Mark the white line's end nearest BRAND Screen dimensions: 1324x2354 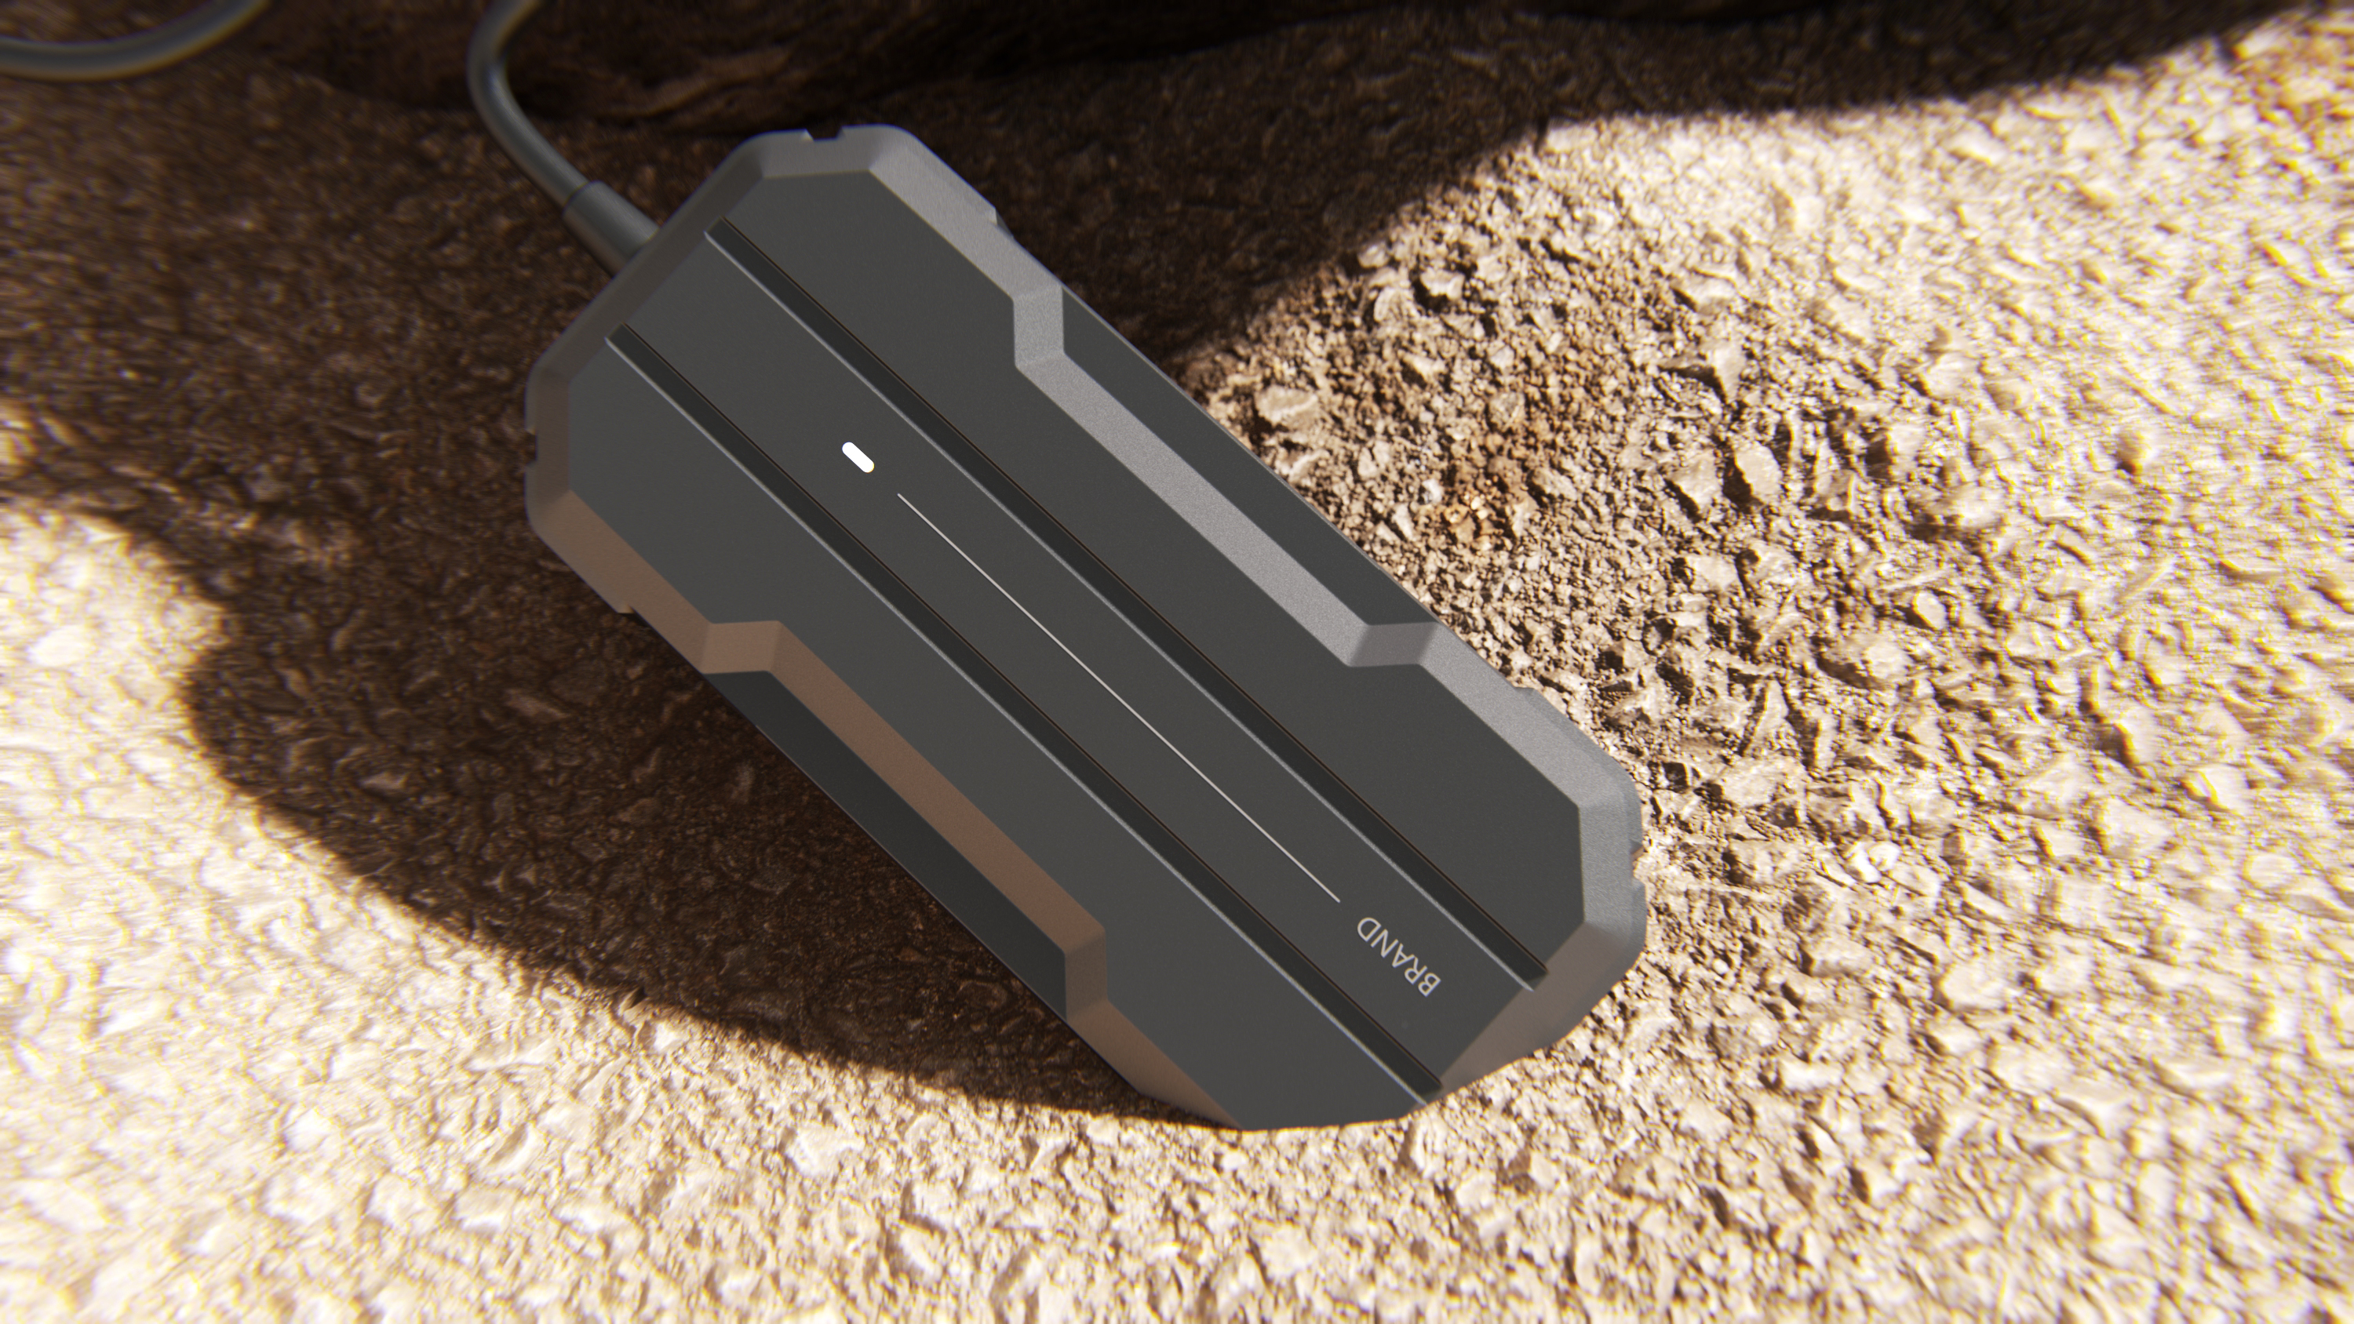(1337, 899)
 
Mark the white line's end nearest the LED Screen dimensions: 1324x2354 (901, 497)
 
